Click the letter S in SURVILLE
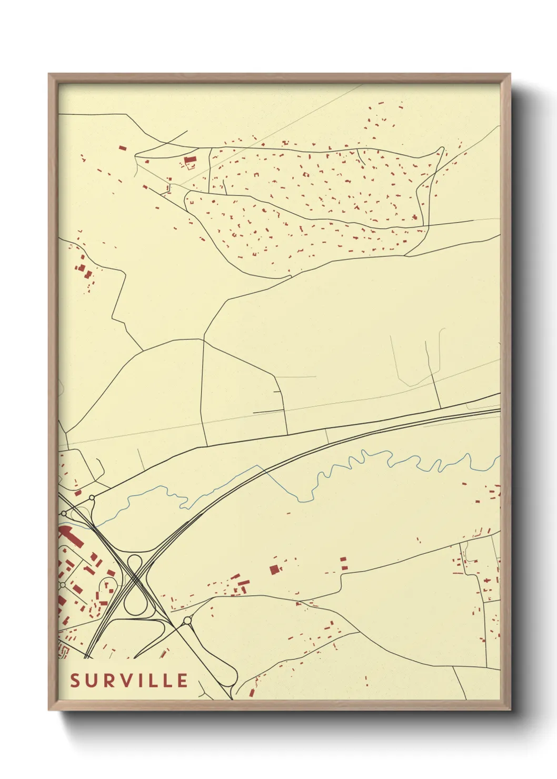point(75,681)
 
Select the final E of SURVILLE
point(182,681)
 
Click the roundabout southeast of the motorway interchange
point(187,621)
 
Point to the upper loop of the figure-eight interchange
point(135,562)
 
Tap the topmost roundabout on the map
point(92,497)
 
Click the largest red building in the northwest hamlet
point(190,159)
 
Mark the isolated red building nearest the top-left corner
point(122,148)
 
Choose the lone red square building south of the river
point(274,569)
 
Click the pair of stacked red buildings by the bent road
point(344,563)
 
